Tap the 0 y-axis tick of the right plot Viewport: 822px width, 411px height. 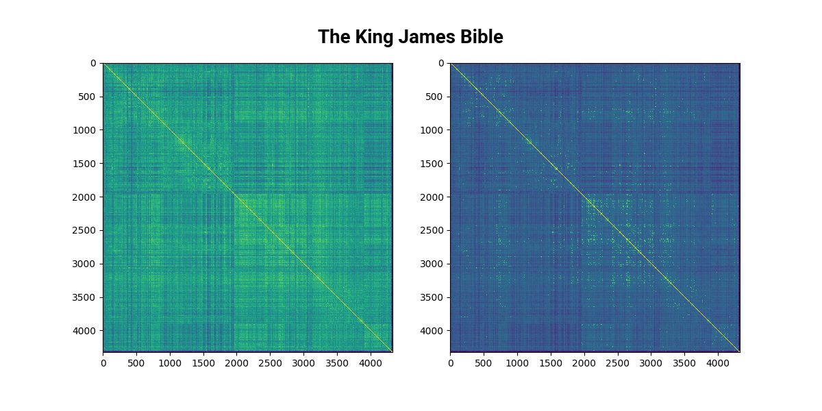pyautogui.click(x=442, y=63)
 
